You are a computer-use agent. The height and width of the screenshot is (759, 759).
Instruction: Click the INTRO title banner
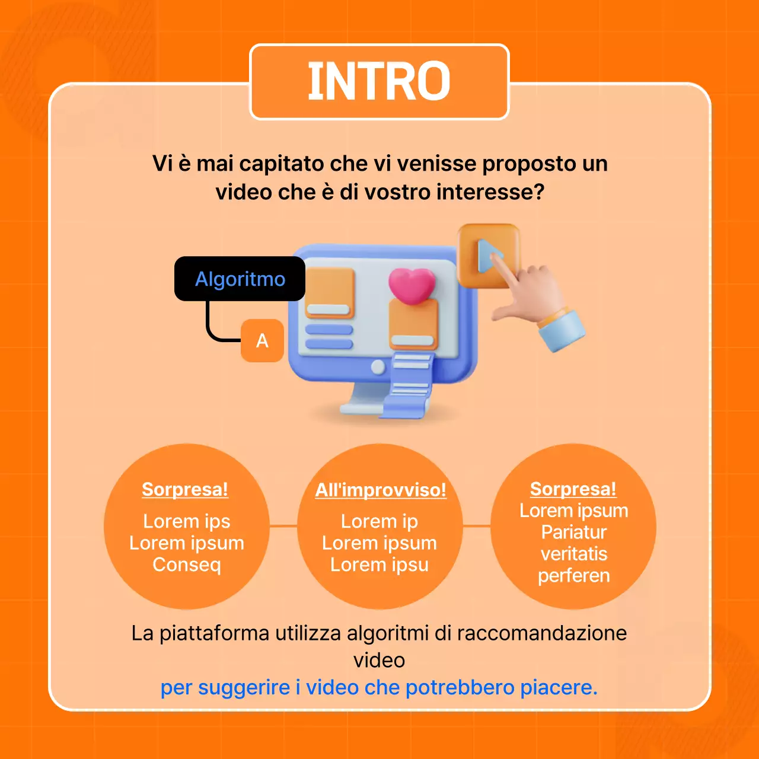tap(379, 82)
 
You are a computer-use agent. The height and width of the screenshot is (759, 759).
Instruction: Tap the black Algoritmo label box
tap(240, 279)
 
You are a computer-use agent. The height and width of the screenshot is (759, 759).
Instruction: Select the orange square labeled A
tap(262, 340)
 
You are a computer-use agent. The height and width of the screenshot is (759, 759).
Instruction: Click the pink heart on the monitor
tap(412, 285)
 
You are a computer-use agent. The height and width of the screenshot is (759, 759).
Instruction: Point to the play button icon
tap(487, 256)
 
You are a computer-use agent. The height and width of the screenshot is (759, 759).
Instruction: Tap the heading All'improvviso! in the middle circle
tap(380, 490)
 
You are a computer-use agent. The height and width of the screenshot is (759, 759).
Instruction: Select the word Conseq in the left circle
tap(187, 565)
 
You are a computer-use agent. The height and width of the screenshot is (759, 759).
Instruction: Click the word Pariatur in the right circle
tap(573, 532)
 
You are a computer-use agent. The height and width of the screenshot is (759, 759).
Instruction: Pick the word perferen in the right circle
tap(573, 576)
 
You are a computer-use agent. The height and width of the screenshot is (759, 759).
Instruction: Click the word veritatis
tap(573, 554)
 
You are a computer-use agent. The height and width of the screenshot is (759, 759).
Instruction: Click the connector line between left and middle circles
tap(283, 526)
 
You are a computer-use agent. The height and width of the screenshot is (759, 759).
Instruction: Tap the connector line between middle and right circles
tap(477, 526)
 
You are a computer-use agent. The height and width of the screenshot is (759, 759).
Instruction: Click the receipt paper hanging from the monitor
tap(409, 385)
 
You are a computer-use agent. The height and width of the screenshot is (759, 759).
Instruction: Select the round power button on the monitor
tap(378, 367)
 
